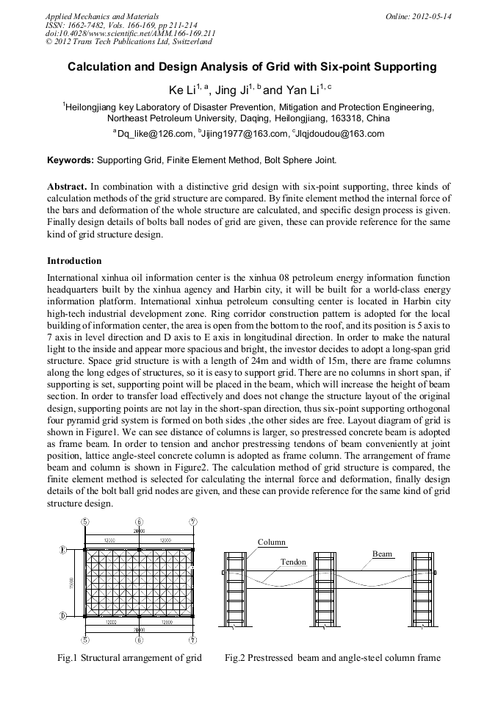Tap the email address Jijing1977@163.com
(x=242, y=134)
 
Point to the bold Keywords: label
(x=71, y=159)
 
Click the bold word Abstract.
(x=68, y=187)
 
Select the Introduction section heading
(x=74, y=261)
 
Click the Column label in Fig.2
(x=271, y=542)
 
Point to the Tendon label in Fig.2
(x=293, y=562)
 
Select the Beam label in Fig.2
(x=382, y=554)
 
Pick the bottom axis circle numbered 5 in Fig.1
(x=85, y=641)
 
